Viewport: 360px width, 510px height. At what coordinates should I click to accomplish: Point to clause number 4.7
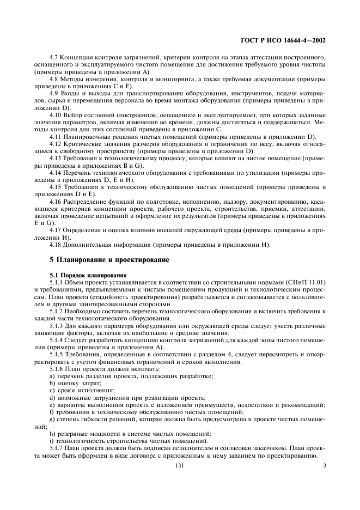tap(54, 57)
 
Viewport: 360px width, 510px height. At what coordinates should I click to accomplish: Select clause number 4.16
tap(56, 201)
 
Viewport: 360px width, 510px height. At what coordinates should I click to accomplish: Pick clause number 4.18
tap(56, 244)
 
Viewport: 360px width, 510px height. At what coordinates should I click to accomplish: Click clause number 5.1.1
tap(57, 282)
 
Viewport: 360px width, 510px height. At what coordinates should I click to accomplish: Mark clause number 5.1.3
tap(57, 326)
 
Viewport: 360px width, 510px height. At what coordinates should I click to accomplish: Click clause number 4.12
tap(56, 143)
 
